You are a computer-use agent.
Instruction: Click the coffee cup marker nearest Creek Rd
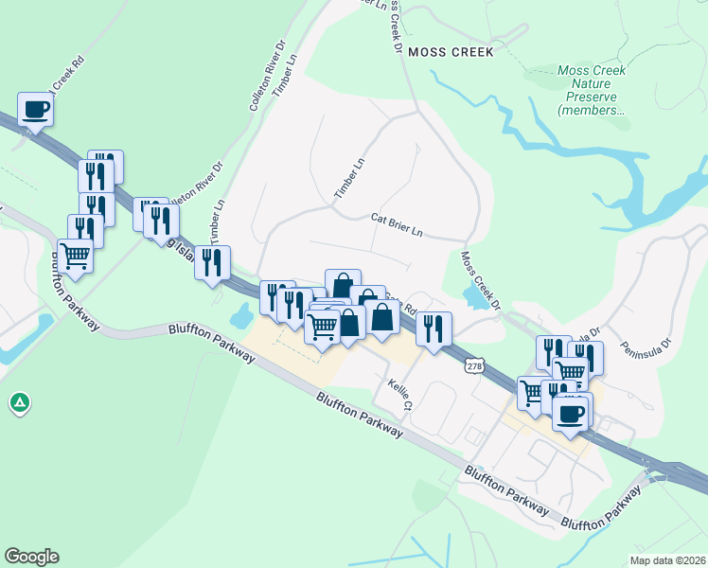(x=35, y=110)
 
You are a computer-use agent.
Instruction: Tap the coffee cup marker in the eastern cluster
(x=572, y=414)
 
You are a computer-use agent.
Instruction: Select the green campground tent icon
(x=19, y=404)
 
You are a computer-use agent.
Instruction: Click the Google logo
(x=31, y=557)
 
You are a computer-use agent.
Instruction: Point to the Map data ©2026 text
(x=667, y=560)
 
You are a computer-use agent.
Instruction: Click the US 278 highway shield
(x=475, y=364)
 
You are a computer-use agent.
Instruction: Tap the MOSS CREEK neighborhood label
(x=451, y=53)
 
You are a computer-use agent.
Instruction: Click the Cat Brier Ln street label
(x=397, y=224)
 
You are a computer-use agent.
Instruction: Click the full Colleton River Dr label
(x=268, y=77)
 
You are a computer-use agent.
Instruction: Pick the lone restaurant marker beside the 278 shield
(x=434, y=328)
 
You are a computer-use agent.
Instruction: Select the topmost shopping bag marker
(x=342, y=284)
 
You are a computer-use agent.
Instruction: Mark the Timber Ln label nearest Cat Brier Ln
(x=348, y=179)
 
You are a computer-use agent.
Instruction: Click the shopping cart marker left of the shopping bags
(x=322, y=326)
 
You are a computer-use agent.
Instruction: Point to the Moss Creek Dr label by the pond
(x=481, y=279)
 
